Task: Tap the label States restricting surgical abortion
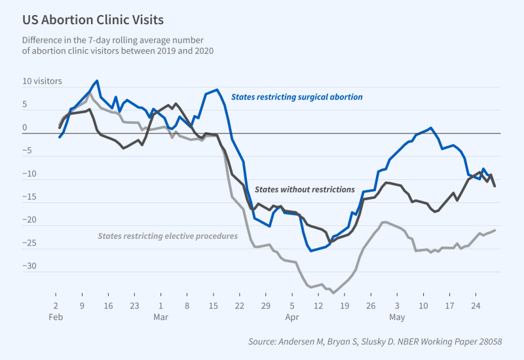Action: click(297, 97)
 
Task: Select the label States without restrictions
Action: click(305, 189)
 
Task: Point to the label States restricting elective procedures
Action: click(168, 236)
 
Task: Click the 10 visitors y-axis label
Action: click(43, 82)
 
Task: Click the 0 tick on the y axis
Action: click(25, 128)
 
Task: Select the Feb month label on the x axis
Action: click(56, 316)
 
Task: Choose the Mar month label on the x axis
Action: click(161, 316)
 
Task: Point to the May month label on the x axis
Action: click(397, 316)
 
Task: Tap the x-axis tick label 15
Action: click(214, 305)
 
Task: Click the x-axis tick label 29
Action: click(265, 305)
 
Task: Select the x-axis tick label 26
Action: click(370, 305)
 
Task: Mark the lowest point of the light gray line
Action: click(333, 293)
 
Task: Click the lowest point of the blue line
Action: click(312, 251)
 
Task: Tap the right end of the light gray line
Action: click(495, 230)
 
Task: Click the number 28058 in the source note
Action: click(500, 342)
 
